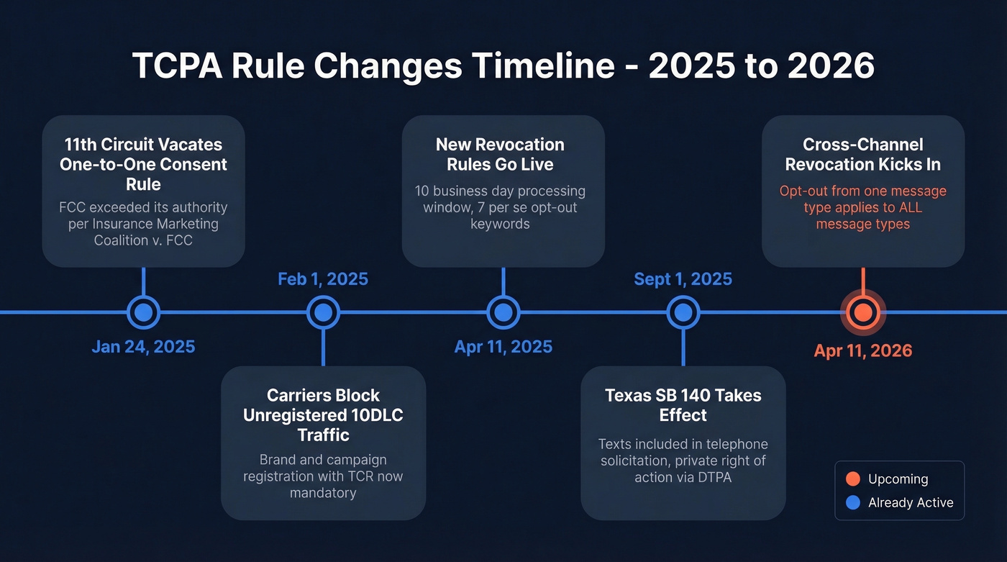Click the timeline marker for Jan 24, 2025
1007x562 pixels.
(x=143, y=312)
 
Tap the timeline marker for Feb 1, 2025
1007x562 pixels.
(x=323, y=312)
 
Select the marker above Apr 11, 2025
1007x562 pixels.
(x=503, y=312)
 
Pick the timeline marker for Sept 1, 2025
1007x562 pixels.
(x=683, y=312)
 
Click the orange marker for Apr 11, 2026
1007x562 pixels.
(x=862, y=312)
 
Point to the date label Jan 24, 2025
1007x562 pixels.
(x=143, y=347)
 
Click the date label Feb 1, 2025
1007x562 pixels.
(x=323, y=279)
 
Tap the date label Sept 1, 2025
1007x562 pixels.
(x=683, y=279)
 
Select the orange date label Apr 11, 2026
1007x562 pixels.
(x=862, y=351)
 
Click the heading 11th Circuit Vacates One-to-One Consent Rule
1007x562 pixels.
(x=143, y=164)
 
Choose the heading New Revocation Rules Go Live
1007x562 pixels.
(x=503, y=154)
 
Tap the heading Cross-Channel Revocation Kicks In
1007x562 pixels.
(x=862, y=154)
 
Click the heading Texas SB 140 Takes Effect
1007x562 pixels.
(x=683, y=405)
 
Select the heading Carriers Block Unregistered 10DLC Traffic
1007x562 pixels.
(x=323, y=415)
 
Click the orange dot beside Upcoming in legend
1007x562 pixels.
(x=853, y=479)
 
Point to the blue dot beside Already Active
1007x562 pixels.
(x=853, y=503)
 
